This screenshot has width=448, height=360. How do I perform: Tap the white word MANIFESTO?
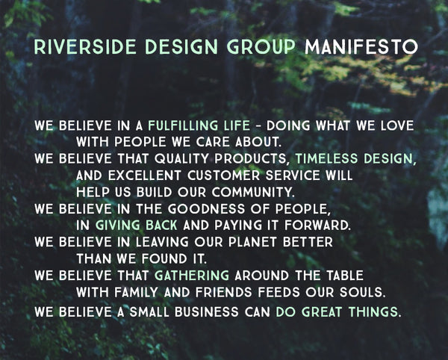[361, 47]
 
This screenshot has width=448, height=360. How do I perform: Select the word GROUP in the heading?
[261, 47]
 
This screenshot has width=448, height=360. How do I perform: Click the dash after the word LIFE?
[258, 126]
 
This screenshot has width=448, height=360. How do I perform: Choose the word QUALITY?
[181, 159]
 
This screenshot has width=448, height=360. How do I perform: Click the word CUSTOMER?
[223, 176]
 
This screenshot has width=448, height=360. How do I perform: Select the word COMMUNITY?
[253, 192]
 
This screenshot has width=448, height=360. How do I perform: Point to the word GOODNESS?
[206, 209]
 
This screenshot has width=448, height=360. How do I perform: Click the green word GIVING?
[117, 226]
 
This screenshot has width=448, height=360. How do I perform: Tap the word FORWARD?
[317, 226]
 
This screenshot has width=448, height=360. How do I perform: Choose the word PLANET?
[252, 242]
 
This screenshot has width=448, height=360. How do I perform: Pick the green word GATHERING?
[192, 276]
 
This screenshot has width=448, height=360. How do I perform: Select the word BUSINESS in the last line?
[207, 311]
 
